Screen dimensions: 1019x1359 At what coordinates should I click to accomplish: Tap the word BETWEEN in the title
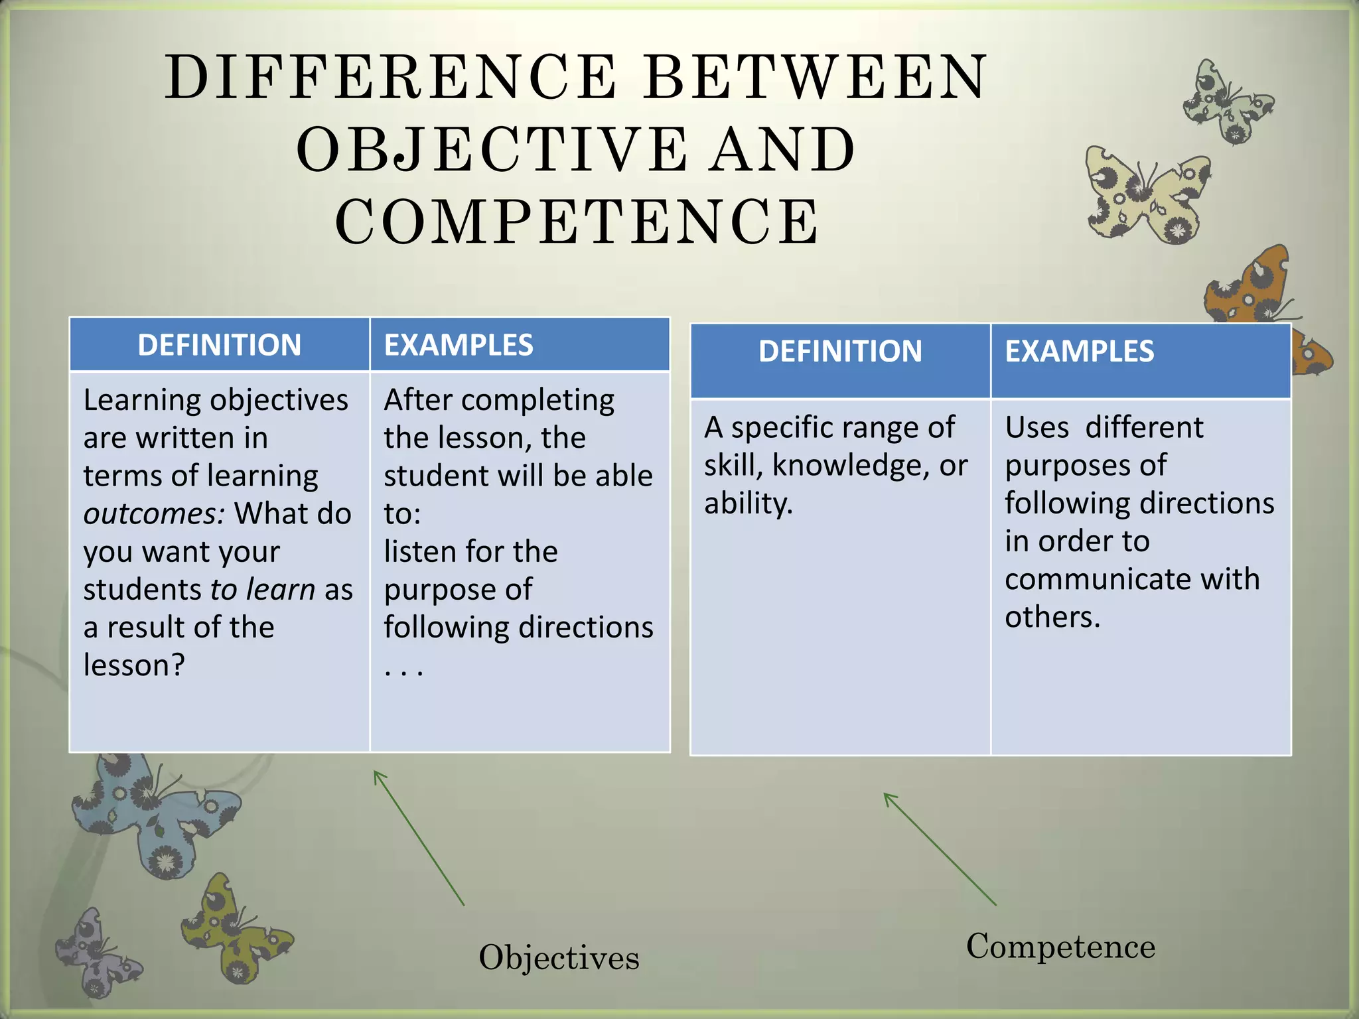click(816, 78)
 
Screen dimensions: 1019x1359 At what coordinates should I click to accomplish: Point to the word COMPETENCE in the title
click(577, 222)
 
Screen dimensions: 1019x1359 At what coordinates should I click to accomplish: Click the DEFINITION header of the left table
click(219, 345)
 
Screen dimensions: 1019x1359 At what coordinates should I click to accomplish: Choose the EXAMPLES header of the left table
click(459, 345)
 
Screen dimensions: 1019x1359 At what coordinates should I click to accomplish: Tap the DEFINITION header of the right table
click(840, 351)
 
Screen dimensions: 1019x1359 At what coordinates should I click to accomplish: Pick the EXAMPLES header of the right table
click(1080, 351)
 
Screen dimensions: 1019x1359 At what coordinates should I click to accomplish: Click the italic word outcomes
click(154, 513)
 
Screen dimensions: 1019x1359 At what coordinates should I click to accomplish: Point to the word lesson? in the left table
click(134, 665)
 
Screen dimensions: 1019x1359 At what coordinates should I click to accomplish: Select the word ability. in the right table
click(749, 503)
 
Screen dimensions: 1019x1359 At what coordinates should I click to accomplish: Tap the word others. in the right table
click(1052, 617)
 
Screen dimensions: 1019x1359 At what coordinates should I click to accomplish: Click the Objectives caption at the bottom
click(559, 957)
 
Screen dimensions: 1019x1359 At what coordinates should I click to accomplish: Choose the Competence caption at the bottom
click(1060, 946)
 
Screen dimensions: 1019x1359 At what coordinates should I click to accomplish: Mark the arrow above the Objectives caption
click(419, 837)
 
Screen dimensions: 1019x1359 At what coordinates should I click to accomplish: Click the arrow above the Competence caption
click(940, 849)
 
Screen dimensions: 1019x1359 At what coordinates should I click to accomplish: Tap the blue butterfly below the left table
click(156, 816)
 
